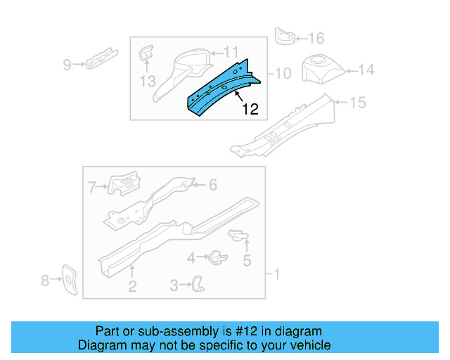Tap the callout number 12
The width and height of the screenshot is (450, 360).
pyautogui.click(x=250, y=109)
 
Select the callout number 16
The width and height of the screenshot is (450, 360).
pyautogui.click(x=316, y=38)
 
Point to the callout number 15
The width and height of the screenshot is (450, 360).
pyautogui.click(x=358, y=103)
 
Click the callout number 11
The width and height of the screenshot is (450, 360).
pyautogui.click(x=231, y=51)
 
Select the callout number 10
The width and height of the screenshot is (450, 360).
pyautogui.click(x=283, y=73)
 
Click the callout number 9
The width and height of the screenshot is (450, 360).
pyautogui.click(x=67, y=65)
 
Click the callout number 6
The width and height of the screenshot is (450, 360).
pyautogui.click(x=213, y=185)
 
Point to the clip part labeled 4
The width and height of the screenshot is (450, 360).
pyautogui.click(x=217, y=257)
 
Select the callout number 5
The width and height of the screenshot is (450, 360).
pyautogui.click(x=247, y=262)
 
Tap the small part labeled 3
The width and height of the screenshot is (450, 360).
pyautogui.click(x=198, y=283)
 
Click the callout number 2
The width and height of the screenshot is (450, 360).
pyautogui.click(x=131, y=285)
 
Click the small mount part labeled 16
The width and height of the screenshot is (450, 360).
pyautogui.click(x=285, y=37)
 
